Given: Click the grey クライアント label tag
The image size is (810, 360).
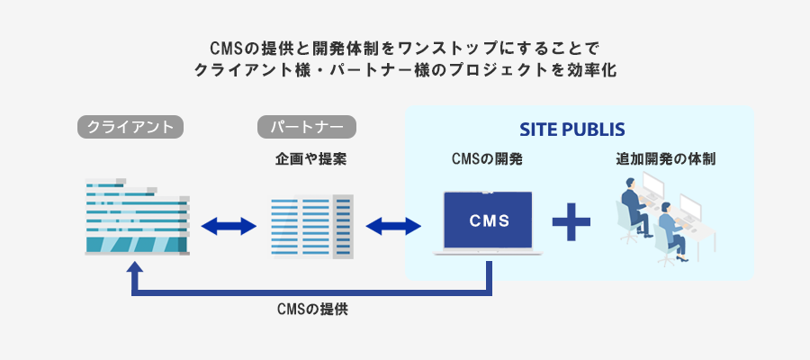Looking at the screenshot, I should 130,127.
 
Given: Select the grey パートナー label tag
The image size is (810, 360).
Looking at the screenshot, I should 307,127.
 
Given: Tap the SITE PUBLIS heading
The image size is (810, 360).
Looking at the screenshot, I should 572,128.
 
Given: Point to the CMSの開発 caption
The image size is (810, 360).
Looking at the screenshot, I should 487,159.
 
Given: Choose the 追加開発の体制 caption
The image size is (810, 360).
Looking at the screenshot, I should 666,159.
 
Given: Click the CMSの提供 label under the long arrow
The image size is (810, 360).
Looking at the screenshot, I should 312,310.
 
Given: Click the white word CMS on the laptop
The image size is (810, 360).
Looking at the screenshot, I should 490,220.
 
